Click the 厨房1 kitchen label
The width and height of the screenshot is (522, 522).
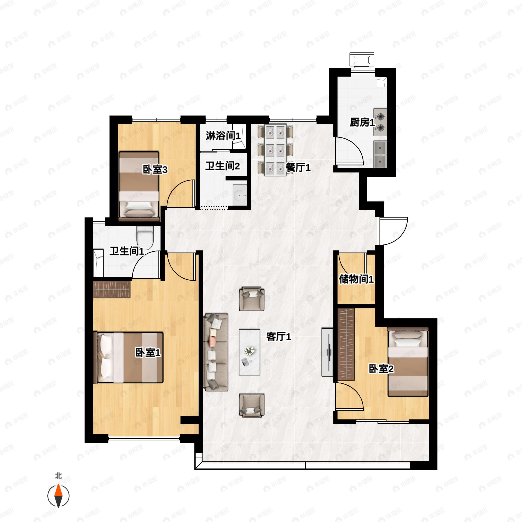[362, 122]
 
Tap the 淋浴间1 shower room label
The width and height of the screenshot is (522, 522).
[223, 136]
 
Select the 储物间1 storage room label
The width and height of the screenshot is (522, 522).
[356, 279]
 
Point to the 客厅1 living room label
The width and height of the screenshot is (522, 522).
[279, 337]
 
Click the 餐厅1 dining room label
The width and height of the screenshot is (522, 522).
[298, 167]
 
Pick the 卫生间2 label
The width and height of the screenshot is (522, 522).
[222, 166]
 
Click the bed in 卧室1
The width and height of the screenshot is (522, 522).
[128, 357]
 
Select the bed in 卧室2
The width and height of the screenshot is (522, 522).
[408, 364]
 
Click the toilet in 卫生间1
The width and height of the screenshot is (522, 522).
[145, 235]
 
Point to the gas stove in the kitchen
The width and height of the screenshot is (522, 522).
[380, 122]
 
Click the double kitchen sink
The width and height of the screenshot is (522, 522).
[380, 154]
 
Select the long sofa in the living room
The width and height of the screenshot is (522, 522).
[216, 352]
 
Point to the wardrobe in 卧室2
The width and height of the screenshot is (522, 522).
[346, 344]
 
